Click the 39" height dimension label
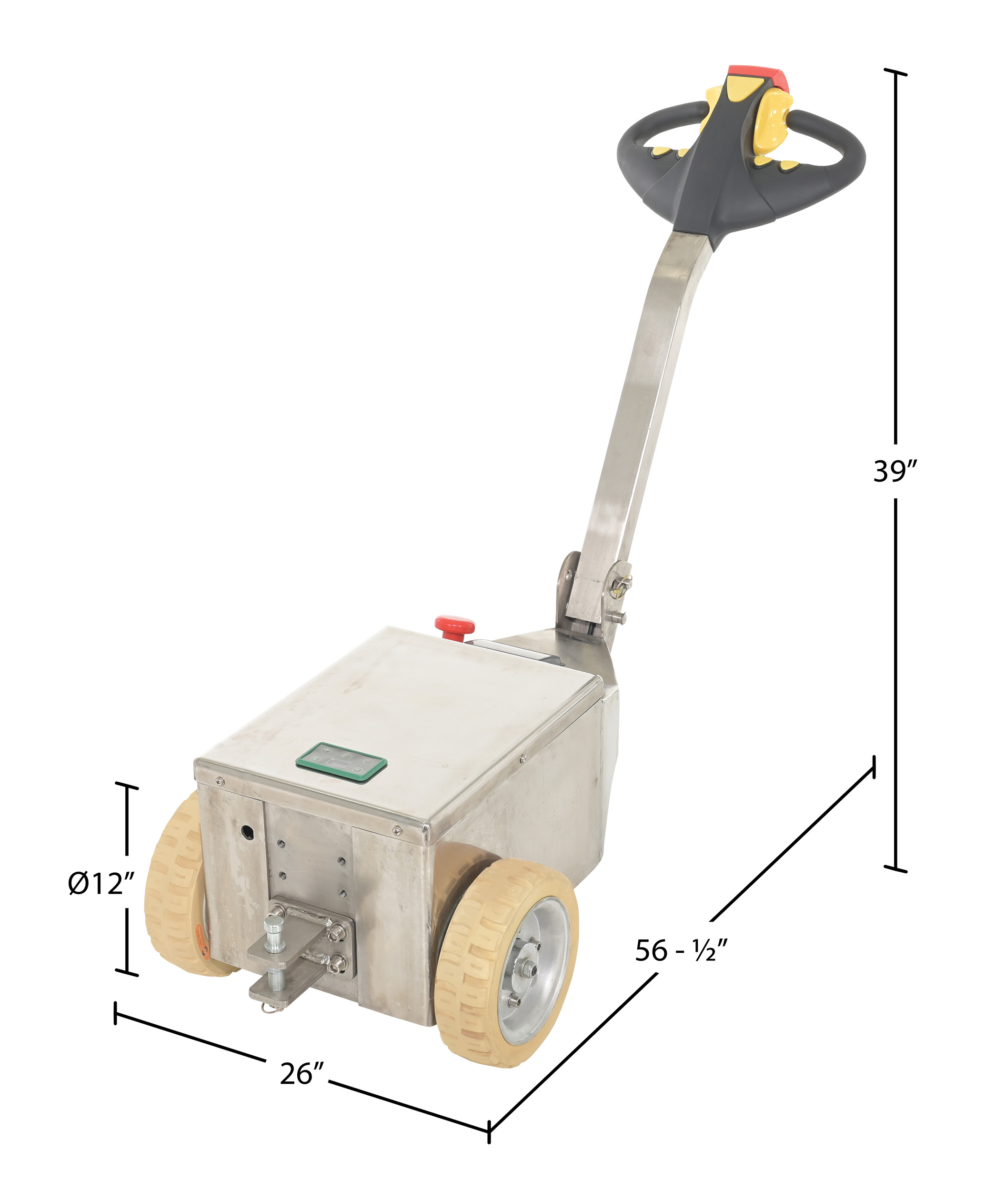894,471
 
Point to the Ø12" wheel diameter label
101,883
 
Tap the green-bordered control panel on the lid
342,762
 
